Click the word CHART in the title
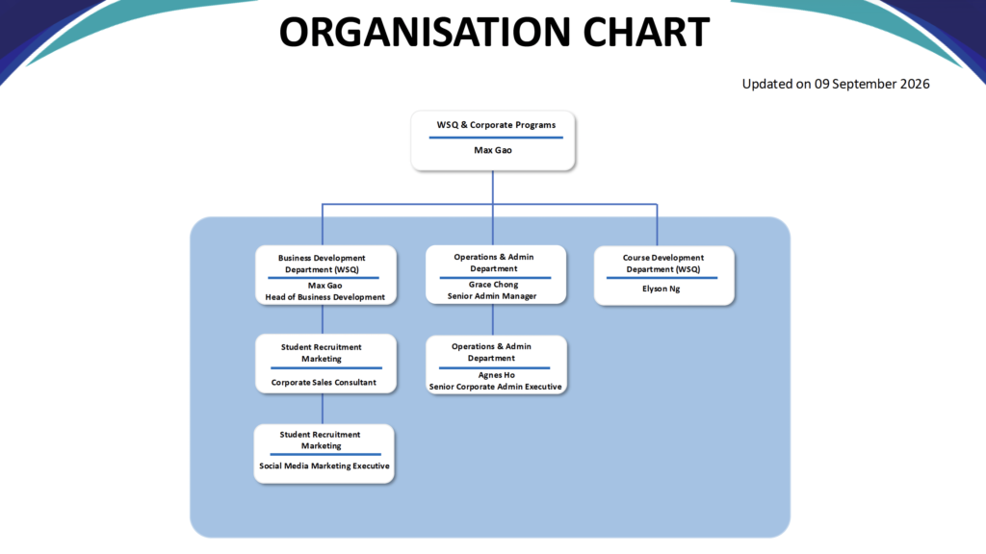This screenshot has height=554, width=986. tap(646, 32)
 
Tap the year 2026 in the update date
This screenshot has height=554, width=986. tap(915, 85)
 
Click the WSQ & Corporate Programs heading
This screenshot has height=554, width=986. tap(496, 125)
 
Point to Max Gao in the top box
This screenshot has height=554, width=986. tap(493, 150)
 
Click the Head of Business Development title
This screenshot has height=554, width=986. tap(325, 297)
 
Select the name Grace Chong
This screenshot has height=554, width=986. tap(494, 285)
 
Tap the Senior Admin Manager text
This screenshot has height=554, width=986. tap(492, 296)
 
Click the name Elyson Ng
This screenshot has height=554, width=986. tap(661, 289)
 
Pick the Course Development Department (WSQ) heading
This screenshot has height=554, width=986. tap(663, 264)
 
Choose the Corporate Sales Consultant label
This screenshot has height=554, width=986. tap(324, 383)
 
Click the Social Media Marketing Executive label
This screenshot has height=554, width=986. tap(324, 466)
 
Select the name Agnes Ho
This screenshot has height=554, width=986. tap(496, 375)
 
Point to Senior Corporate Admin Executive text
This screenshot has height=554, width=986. tap(496, 387)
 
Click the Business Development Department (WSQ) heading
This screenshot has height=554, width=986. tap(322, 264)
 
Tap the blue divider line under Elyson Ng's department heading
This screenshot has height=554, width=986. tap(662, 278)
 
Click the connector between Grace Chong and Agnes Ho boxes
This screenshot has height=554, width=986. tap(493, 320)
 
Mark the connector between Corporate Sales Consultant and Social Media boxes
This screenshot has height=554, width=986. tap(323, 409)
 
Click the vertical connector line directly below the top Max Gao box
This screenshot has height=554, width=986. tap(493, 188)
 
